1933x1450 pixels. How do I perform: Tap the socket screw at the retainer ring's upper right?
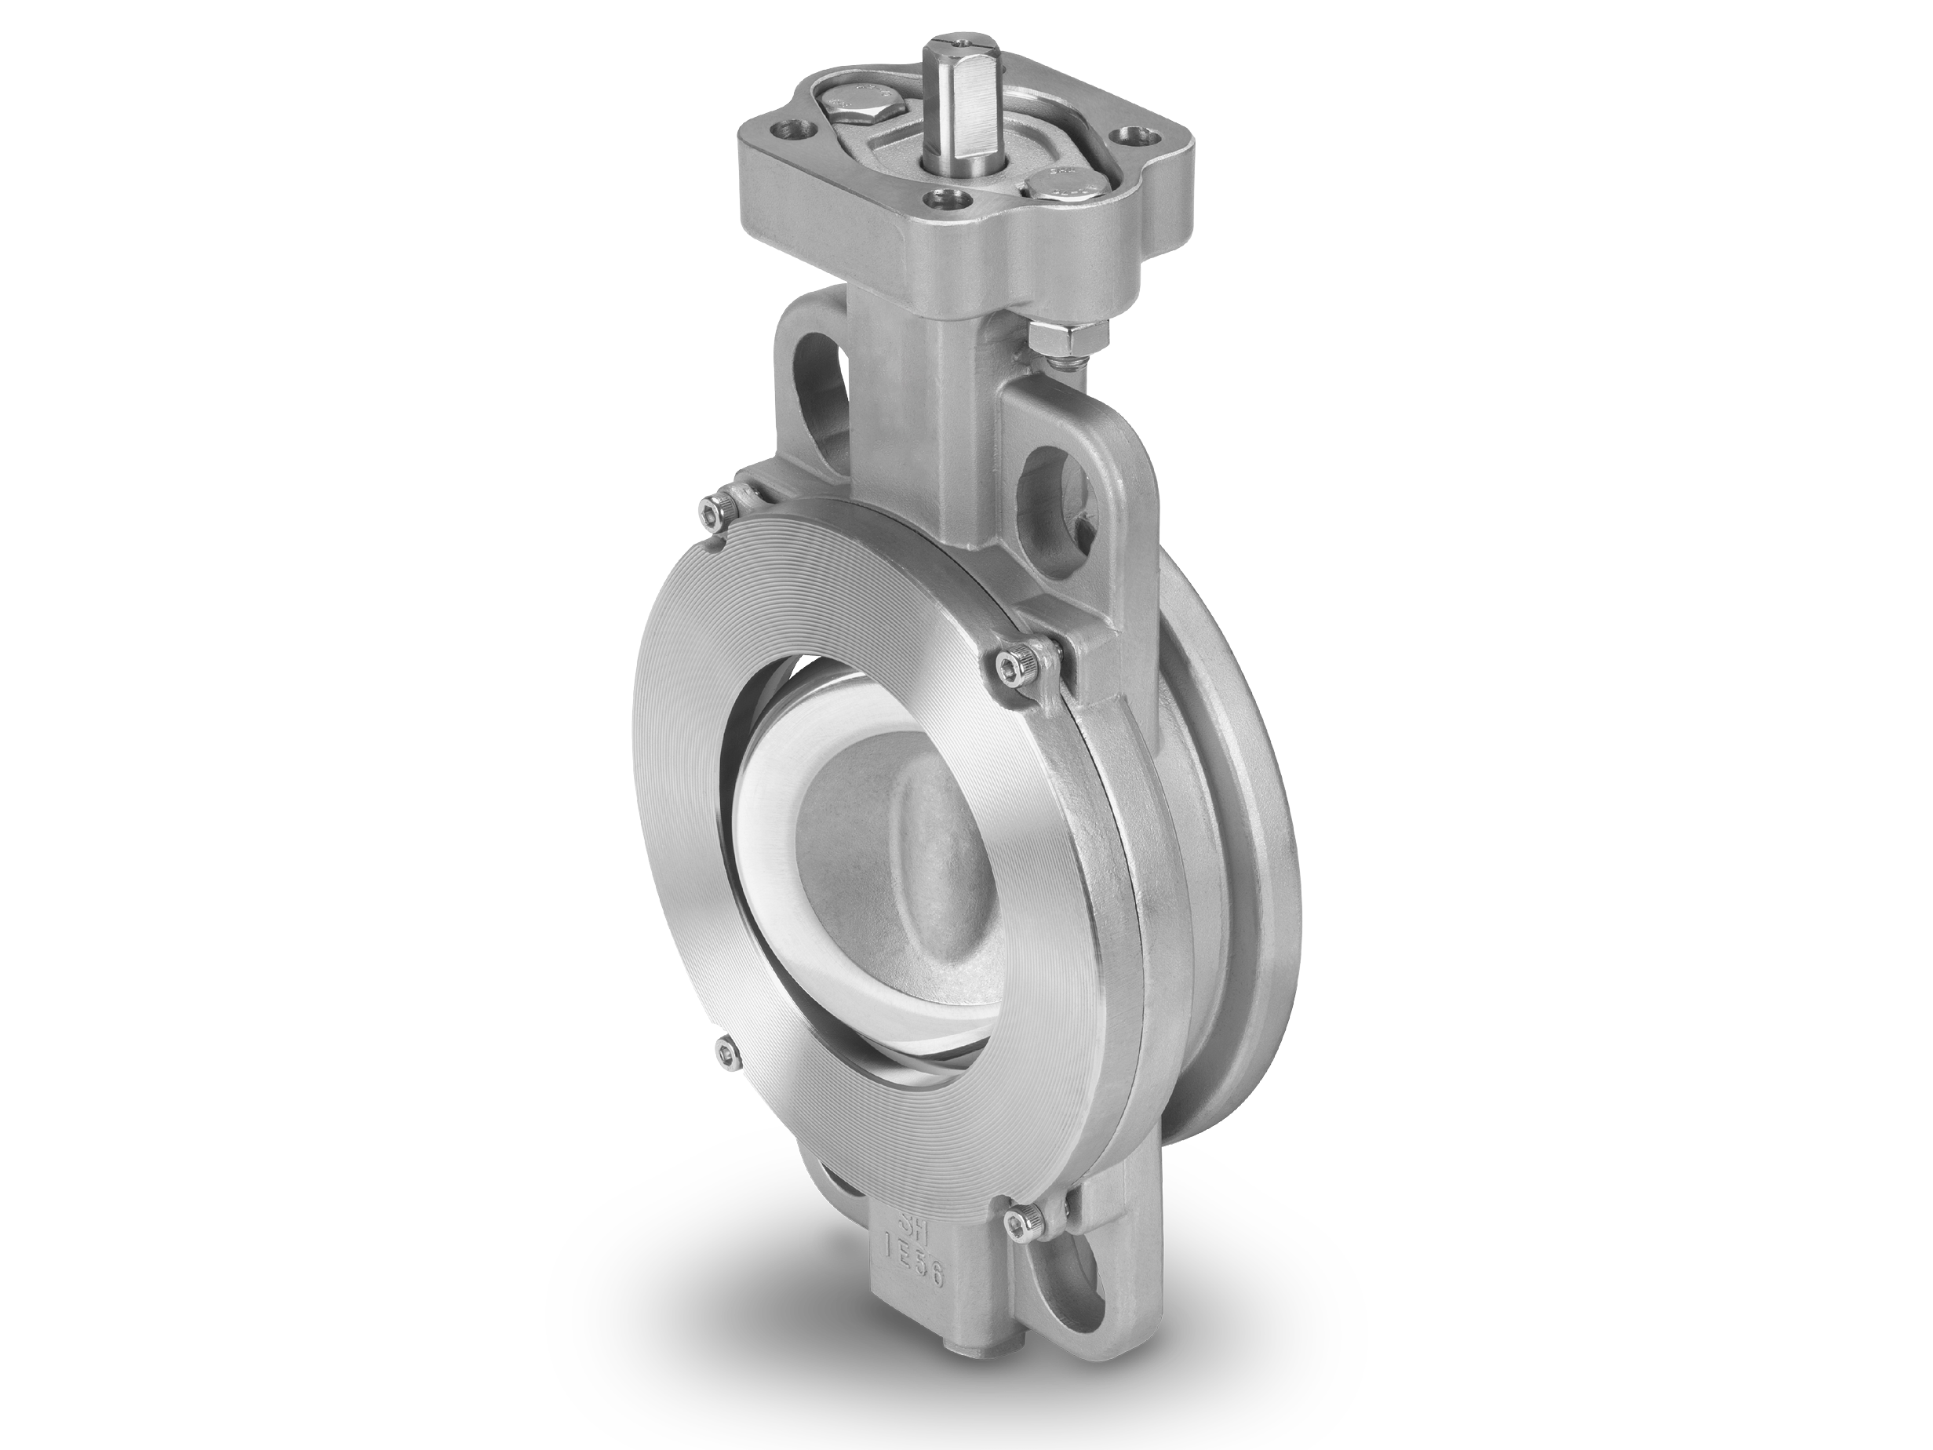(1014, 669)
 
